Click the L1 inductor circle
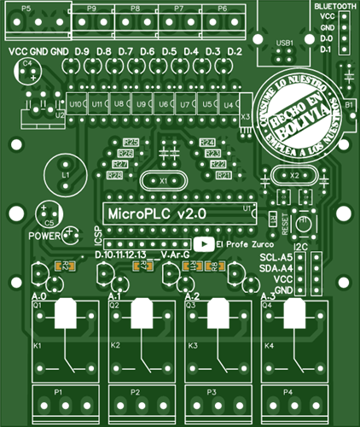point(65,173)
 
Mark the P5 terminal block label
point(25,8)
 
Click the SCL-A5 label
point(276,257)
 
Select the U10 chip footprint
point(77,104)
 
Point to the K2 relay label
point(115,346)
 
